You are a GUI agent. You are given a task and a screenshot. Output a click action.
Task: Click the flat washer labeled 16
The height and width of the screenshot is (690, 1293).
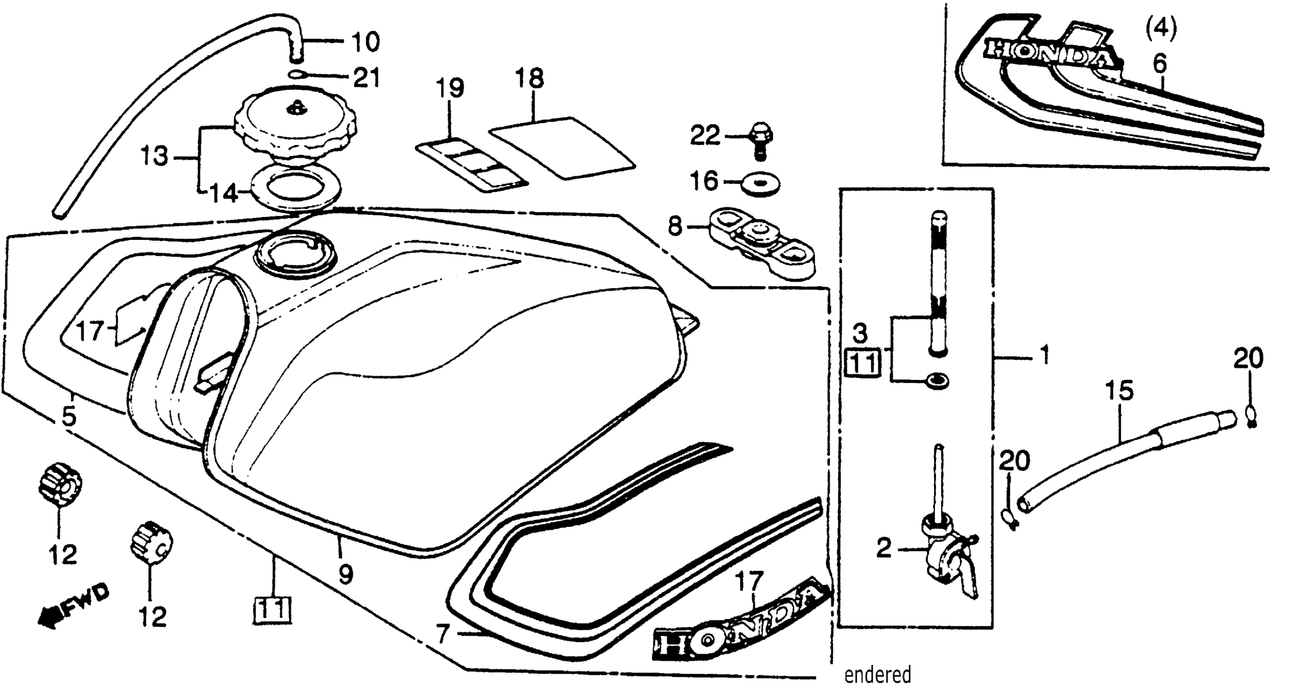[x=761, y=186]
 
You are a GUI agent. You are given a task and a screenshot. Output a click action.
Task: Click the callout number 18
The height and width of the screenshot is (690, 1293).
[x=530, y=79]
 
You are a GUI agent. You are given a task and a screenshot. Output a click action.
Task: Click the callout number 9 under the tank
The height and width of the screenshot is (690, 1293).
[x=345, y=574]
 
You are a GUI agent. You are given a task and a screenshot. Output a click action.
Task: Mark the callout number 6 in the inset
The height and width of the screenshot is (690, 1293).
[x=1160, y=64]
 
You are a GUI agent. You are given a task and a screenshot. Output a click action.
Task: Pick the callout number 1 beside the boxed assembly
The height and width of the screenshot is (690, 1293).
[x=1044, y=356]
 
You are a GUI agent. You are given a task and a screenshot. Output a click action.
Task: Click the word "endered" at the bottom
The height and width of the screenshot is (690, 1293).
[x=877, y=675]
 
